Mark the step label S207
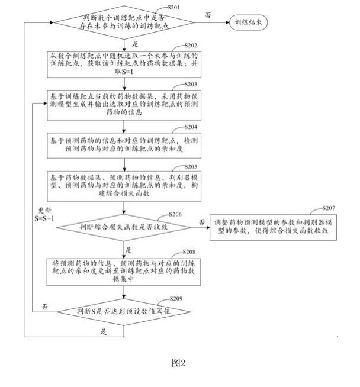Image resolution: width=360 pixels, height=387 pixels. (329, 209)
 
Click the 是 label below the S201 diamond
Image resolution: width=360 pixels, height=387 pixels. (134, 44)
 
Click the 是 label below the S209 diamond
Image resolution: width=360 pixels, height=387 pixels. (104, 331)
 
